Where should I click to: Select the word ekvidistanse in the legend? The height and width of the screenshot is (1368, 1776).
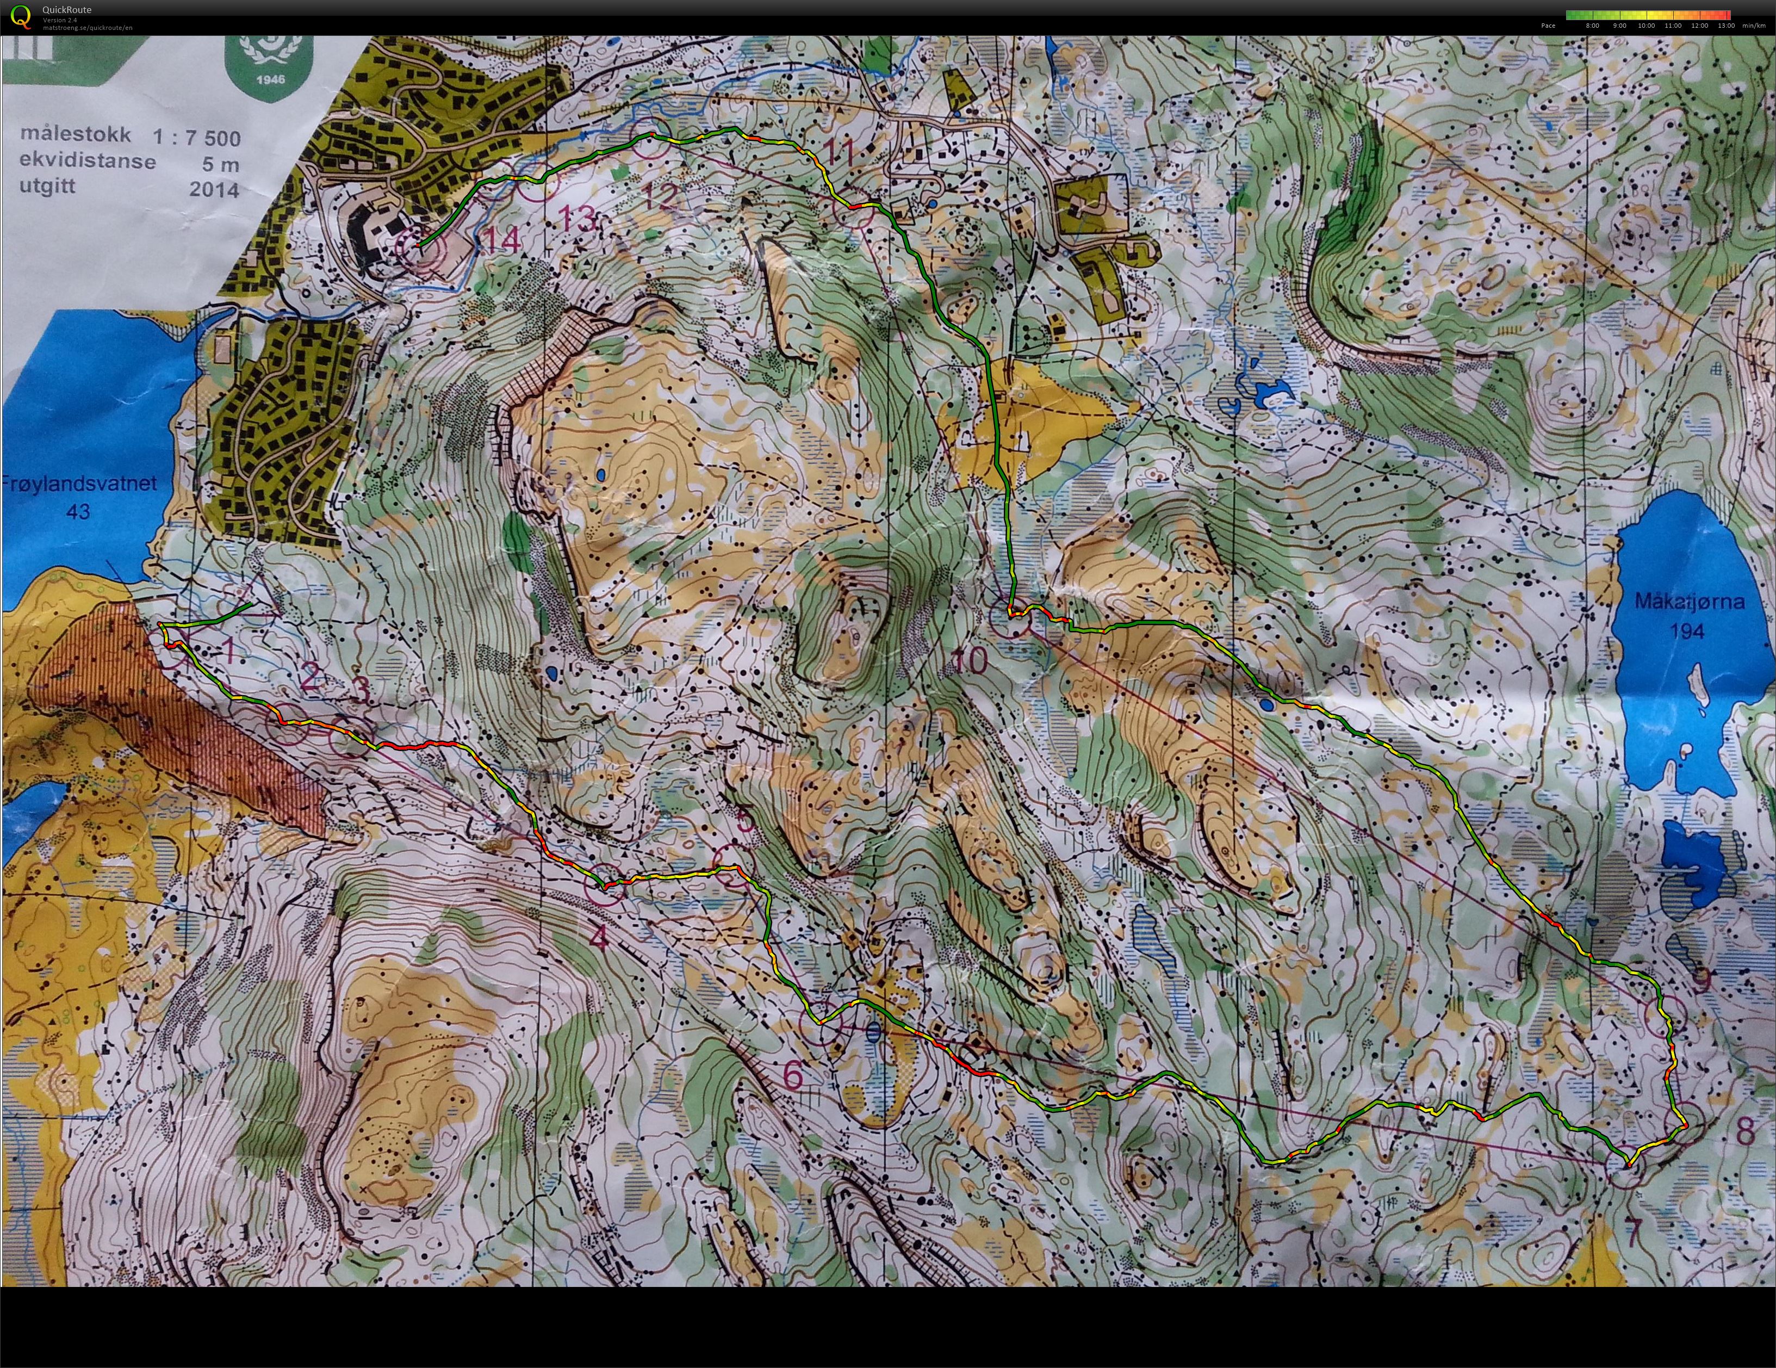(x=88, y=160)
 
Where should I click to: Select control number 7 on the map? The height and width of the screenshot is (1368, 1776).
(x=1633, y=1232)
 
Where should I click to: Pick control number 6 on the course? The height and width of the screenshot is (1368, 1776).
(x=793, y=1075)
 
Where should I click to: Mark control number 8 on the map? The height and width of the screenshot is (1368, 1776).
(x=1744, y=1131)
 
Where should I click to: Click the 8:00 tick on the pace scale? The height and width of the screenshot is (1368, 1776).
(x=1592, y=25)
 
